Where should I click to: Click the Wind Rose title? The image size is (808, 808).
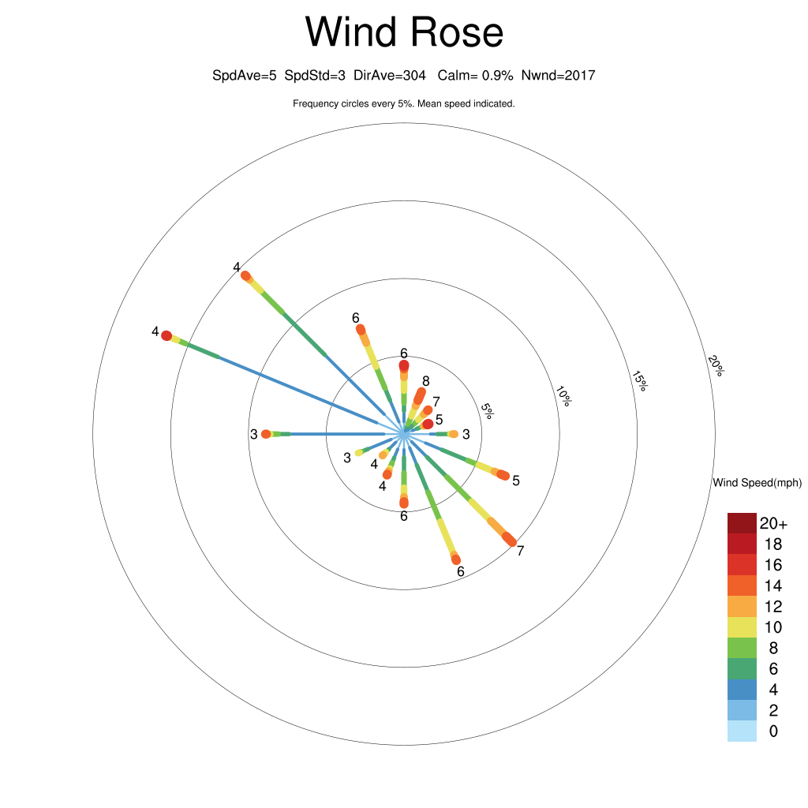[x=404, y=32]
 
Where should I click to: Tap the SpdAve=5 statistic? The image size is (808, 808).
[x=245, y=76]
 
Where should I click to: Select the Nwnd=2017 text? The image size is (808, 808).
[x=558, y=76]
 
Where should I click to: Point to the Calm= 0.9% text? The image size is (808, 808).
[x=475, y=76]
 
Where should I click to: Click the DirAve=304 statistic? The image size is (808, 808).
[x=390, y=76]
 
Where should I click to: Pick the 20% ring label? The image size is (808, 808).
[x=716, y=365]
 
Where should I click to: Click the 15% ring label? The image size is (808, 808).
[x=639, y=381]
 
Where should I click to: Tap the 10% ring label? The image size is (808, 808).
[x=563, y=396]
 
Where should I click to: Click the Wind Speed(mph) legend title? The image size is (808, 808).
[x=757, y=483]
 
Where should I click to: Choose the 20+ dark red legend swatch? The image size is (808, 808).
[x=742, y=523]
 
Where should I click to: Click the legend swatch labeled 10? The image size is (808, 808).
[x=742, y=627]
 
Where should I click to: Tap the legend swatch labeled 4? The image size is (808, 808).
[x=742, y=690]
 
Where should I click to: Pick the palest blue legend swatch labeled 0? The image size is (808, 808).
[x=742, y=731]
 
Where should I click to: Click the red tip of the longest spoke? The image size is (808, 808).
[x=166, y=336]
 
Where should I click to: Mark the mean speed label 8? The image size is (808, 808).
[x=425, y=381]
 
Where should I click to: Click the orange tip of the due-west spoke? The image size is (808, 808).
[x=266, y=434]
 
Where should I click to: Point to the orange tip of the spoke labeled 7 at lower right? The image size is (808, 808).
[x=511, y=540]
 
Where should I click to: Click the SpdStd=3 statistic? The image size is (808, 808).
[x=315, y=76]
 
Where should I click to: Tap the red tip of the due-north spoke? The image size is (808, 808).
[x=404, y=365]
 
